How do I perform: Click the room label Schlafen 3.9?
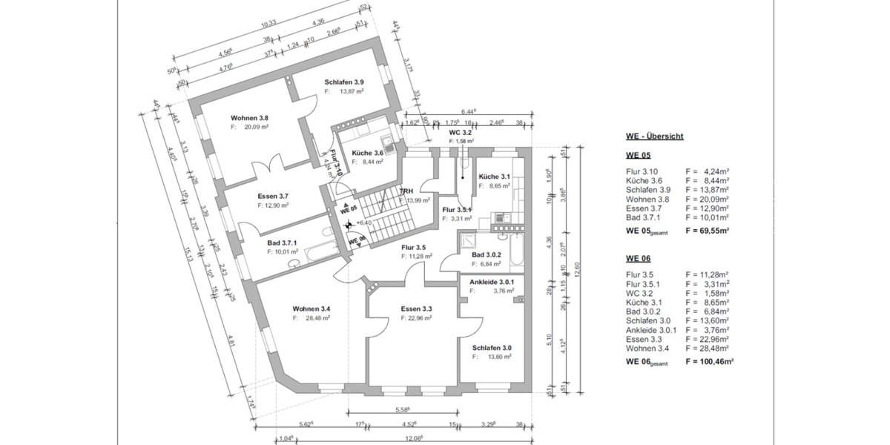point(344,82)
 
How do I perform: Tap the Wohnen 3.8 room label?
point(249,118)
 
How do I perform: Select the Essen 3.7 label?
point(273,196)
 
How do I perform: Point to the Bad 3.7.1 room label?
point(282,243)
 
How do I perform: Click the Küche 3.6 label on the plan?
point(368,153)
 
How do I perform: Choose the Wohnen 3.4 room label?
point(311,309)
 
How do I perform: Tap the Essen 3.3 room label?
point(417,309)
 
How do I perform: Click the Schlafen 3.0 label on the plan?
point(492,347)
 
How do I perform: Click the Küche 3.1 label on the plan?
point(493,177)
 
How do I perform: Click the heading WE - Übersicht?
point(653,137)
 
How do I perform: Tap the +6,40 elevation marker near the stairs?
point(363,222)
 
